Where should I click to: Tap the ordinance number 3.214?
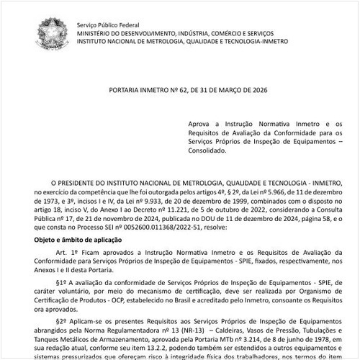pyautogui.click(x=243, y=341)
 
